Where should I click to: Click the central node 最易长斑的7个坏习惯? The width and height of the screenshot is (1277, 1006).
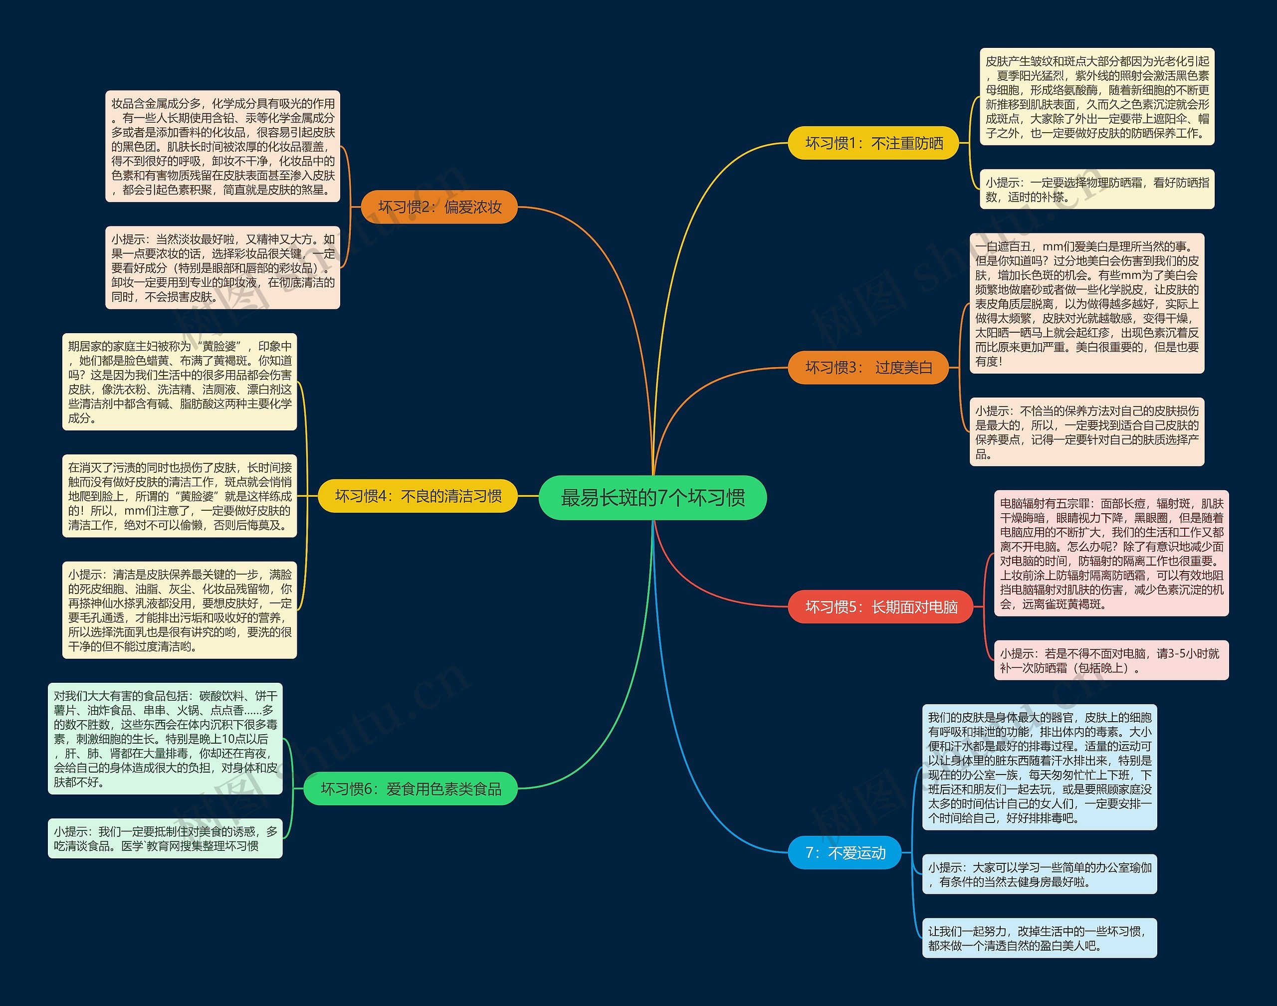click(652, 498)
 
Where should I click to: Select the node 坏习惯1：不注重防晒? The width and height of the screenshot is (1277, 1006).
click(873, 143)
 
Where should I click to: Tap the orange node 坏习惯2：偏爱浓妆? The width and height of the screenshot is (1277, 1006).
click(439, 207)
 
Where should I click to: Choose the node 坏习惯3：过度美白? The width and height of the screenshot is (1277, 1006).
click(869, 368)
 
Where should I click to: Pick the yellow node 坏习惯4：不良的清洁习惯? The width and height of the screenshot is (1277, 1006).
click(418, 496)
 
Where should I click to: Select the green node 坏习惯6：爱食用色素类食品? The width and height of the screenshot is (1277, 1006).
click(411, 789)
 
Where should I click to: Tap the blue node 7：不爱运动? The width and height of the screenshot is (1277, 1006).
click(845, 852)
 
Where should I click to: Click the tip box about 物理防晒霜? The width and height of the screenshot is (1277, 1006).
click(1097, 190)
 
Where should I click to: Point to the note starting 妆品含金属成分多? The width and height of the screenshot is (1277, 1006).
click(222, 147)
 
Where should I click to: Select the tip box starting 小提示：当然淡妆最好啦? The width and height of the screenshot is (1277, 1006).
click(222, 268)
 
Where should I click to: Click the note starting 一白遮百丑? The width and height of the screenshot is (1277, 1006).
click(1087, 303)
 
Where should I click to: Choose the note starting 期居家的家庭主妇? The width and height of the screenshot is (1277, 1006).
click(180, 382)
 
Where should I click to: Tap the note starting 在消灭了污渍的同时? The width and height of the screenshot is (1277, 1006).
click(180, 496)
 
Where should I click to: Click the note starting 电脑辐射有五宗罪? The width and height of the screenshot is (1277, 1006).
click(1111, 554)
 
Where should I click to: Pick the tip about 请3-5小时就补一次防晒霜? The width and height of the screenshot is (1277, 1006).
click(1111, 660)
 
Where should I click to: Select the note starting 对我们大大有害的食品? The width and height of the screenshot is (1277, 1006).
click(166, 739)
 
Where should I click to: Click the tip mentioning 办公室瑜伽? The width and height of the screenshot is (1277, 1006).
click(1040, 874)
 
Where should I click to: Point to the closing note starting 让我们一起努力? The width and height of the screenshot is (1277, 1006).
click(1040, 938)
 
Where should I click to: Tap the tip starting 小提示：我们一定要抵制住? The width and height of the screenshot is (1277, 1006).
click(166, 838)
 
